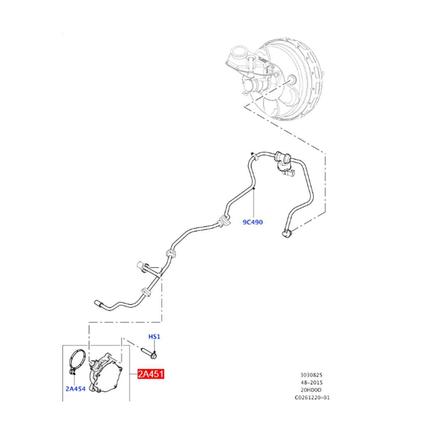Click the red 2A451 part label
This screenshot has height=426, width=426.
151,374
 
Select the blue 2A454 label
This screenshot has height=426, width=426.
76,389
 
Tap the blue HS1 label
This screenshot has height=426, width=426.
154,336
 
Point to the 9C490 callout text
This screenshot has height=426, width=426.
253,222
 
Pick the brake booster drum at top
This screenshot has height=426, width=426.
295,82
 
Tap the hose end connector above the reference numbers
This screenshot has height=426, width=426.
287,233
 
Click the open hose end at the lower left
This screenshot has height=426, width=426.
98,303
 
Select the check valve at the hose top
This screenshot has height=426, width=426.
283,156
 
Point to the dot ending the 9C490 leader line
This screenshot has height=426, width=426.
254,190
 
